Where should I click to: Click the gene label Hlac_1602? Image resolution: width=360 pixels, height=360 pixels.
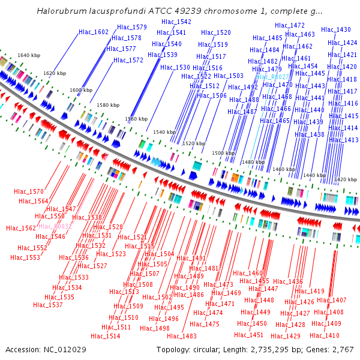pos(94,32)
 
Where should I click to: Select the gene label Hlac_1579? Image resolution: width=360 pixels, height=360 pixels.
pos(132,27)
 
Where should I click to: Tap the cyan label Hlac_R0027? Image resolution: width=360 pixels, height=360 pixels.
pos(272,77)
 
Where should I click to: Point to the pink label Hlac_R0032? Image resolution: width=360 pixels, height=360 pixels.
pos(55,226)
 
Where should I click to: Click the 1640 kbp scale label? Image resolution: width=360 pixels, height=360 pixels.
pos(29,55)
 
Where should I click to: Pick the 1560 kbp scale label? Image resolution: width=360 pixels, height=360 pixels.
pos(136,119)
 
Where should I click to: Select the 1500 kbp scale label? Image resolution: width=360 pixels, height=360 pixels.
pos(223,153)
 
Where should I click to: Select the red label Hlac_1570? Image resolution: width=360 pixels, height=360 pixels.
pos(28,191)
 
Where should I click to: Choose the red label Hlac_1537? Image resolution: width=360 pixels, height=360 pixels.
pos(48,305)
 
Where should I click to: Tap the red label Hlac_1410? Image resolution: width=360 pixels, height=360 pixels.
pos(325,335)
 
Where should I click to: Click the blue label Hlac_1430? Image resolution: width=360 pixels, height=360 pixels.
pos(336,29)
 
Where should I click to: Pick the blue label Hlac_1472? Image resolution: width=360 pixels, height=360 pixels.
pos(290,25)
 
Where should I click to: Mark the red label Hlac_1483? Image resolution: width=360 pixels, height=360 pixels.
pos(182,336)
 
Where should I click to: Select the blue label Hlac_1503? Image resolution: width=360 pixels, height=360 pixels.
pos(229,76)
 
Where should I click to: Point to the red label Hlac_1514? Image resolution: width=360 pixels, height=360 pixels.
pos(106,336)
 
